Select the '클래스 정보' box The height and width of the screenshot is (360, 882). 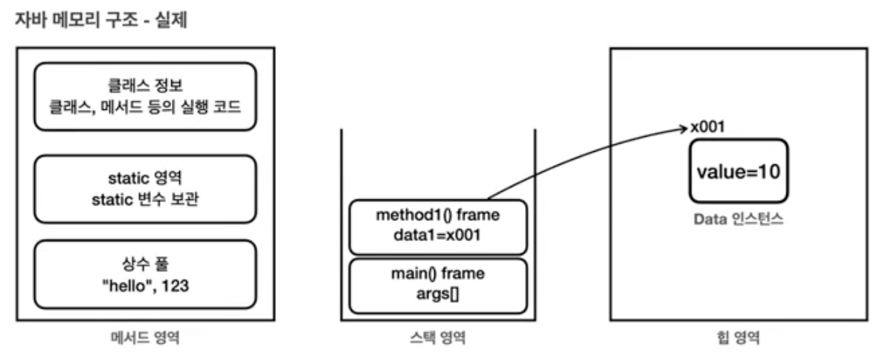point(145,97)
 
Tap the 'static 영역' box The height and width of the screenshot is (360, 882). point(145,187)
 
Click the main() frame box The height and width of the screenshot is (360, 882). point(437,286)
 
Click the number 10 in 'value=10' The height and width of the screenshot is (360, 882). point(768,172)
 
